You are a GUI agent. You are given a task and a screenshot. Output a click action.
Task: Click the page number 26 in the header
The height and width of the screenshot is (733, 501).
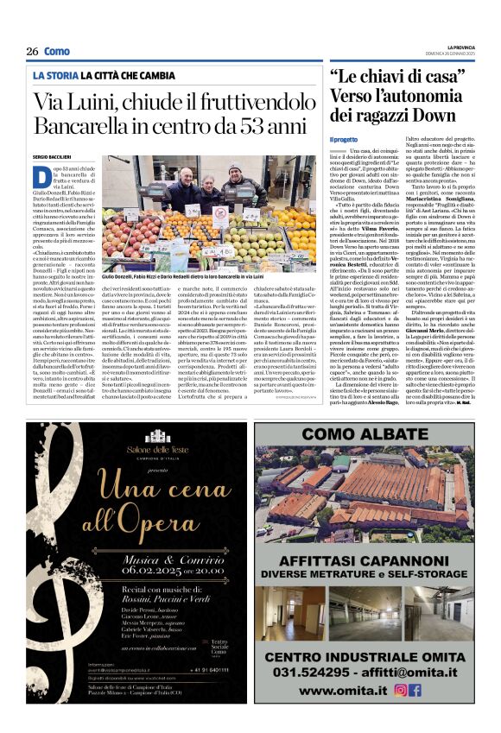[x=32, y=52]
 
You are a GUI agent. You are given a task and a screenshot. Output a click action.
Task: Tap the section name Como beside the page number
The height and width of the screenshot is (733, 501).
[x=57, y=52]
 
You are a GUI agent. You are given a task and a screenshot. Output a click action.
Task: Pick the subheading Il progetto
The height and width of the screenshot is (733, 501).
[x=343, y=139]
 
